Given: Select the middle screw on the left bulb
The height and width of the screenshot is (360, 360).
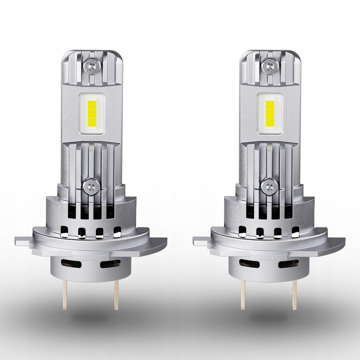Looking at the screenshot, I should (90, 186).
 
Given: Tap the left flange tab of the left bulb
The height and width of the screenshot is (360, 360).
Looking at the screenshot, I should (22, 241).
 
